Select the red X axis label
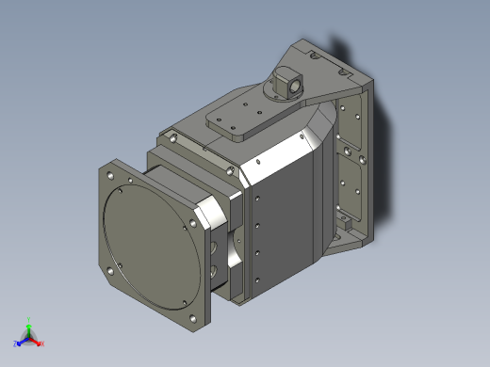pyautogui.click(x=42, y=343)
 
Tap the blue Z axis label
pyautogui.click(x=15, y=343)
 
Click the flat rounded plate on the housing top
pyautogui.click(x=240, y=120)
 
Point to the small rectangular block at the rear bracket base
pyautogui.click(x=349, y=226)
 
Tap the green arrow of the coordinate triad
pyautogui.click(x=29, y=328)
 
